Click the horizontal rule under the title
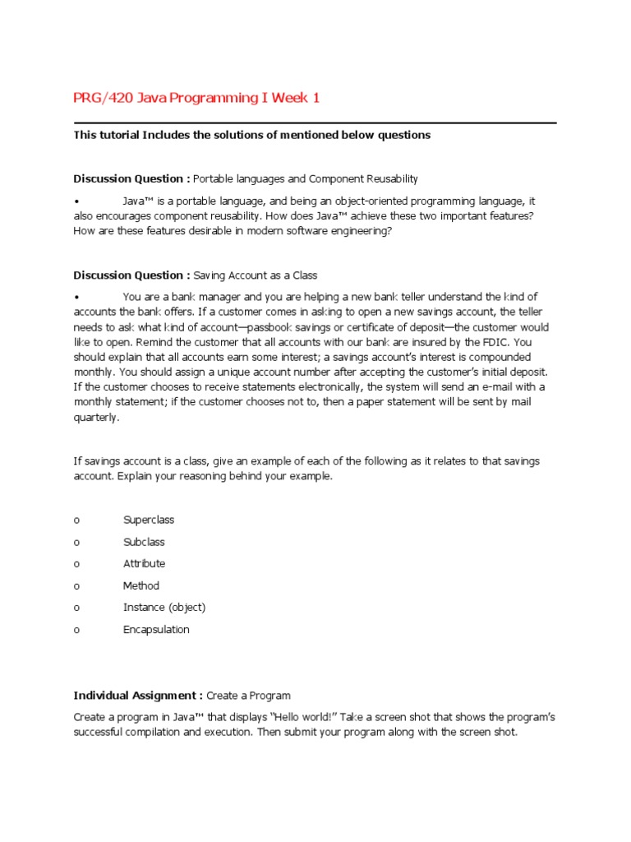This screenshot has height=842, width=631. pos(315,123)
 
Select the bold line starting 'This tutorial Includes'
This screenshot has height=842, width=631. pos(251,135)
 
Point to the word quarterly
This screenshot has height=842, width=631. pos(96,417)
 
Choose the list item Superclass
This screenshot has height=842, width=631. pos(149,520)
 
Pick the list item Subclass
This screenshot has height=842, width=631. pos(144,542)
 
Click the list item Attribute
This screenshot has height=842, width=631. pos(144,563)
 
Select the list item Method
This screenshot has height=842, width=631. pos(141,585)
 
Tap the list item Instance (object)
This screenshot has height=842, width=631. pos(164,608)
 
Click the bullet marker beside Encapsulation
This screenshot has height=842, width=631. pos(76,630)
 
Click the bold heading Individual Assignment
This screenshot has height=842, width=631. pos(138,695)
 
